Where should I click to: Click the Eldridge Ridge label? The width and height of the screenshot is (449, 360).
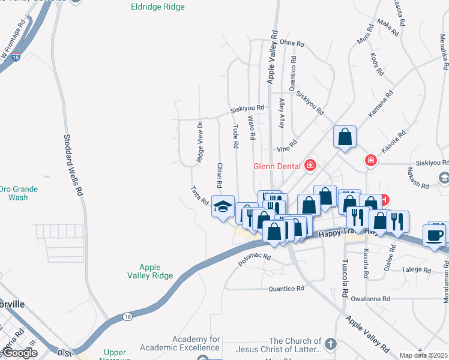(157, 7)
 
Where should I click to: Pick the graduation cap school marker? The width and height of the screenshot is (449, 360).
(222, 207)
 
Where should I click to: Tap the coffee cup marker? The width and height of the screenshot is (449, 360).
(434, 235)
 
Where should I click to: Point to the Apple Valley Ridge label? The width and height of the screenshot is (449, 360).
(150, 272)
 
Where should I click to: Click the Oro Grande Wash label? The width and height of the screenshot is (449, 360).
(19, 193)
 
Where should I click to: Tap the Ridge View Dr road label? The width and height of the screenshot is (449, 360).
(200, 142)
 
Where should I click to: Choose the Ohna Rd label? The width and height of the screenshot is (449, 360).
(292, 43)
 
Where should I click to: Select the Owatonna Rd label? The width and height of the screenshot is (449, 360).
(370, 298)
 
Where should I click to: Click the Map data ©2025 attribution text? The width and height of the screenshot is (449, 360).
(423, 355)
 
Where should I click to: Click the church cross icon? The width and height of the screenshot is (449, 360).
(331, 344)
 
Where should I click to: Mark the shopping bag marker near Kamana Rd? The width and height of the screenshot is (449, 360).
(345, 136)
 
